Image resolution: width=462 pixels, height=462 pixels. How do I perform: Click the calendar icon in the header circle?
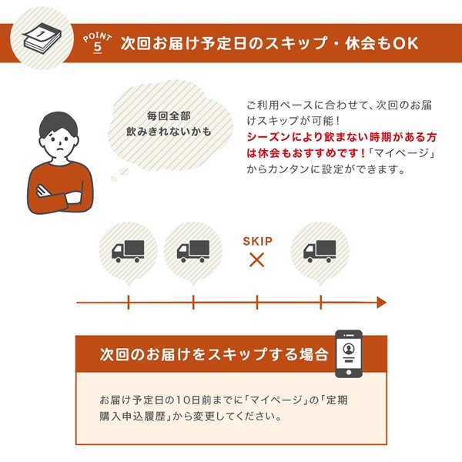click(42, 38)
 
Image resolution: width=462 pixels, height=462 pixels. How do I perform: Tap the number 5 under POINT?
click(98, 47)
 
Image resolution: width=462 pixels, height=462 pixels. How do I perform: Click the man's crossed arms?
click(59, 195)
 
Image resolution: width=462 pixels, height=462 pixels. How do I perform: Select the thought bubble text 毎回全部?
click(169, 115)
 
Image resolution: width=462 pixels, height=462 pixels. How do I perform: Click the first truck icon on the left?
click(128, 251)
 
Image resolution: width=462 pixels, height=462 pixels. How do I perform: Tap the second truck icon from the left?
click(193, 251)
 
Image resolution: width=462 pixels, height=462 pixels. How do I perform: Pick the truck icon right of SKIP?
click(320, 251)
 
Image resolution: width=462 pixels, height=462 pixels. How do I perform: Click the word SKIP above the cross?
click(257, 241)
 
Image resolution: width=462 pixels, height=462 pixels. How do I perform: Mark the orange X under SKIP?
click(257, 260)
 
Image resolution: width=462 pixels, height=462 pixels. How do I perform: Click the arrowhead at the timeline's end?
click(382, 303)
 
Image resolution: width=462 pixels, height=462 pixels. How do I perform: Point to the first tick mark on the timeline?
click(129, 303)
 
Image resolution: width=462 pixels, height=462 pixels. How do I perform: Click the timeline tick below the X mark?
click(257, 303)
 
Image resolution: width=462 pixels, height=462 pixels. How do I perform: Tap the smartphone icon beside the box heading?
click(349, 353)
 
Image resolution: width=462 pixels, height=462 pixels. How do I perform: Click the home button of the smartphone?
click(349, 372)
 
